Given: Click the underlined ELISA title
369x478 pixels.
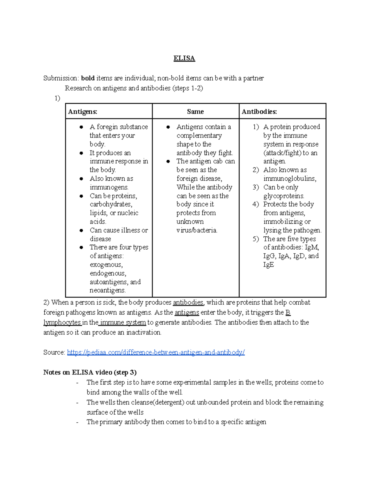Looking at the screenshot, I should click(x=184, y=58).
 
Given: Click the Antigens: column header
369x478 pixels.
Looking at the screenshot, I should click(x=82, y=112).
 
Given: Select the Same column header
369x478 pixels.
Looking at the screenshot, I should click(x=195, y=112).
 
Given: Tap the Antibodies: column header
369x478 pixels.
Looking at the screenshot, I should click(x=259, y=112).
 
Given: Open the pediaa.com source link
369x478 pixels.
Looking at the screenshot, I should click(x=156, y=352).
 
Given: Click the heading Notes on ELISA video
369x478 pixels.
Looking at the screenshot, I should click(x=90, y=372).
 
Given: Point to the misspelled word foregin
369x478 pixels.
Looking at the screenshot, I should click(x=107, y=127).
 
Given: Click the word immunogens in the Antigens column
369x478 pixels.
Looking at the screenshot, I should click(x=109, y=187).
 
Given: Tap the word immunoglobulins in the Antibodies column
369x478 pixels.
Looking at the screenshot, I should click(x=289, y=179).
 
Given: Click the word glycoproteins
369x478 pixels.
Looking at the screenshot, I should click(x=284, y=196).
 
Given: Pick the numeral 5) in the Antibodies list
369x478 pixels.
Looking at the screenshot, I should click(x=256, y=239).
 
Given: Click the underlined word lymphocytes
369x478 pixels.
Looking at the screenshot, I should click(x=62, y=323).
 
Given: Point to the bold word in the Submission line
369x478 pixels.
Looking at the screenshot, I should click(x=88, y=78).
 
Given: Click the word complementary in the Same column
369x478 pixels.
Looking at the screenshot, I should click(x=199, y=135).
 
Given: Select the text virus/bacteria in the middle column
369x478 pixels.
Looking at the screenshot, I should click(x=196, y=230).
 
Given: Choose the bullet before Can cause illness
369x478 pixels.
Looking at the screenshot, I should click(x=81, y=230).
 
